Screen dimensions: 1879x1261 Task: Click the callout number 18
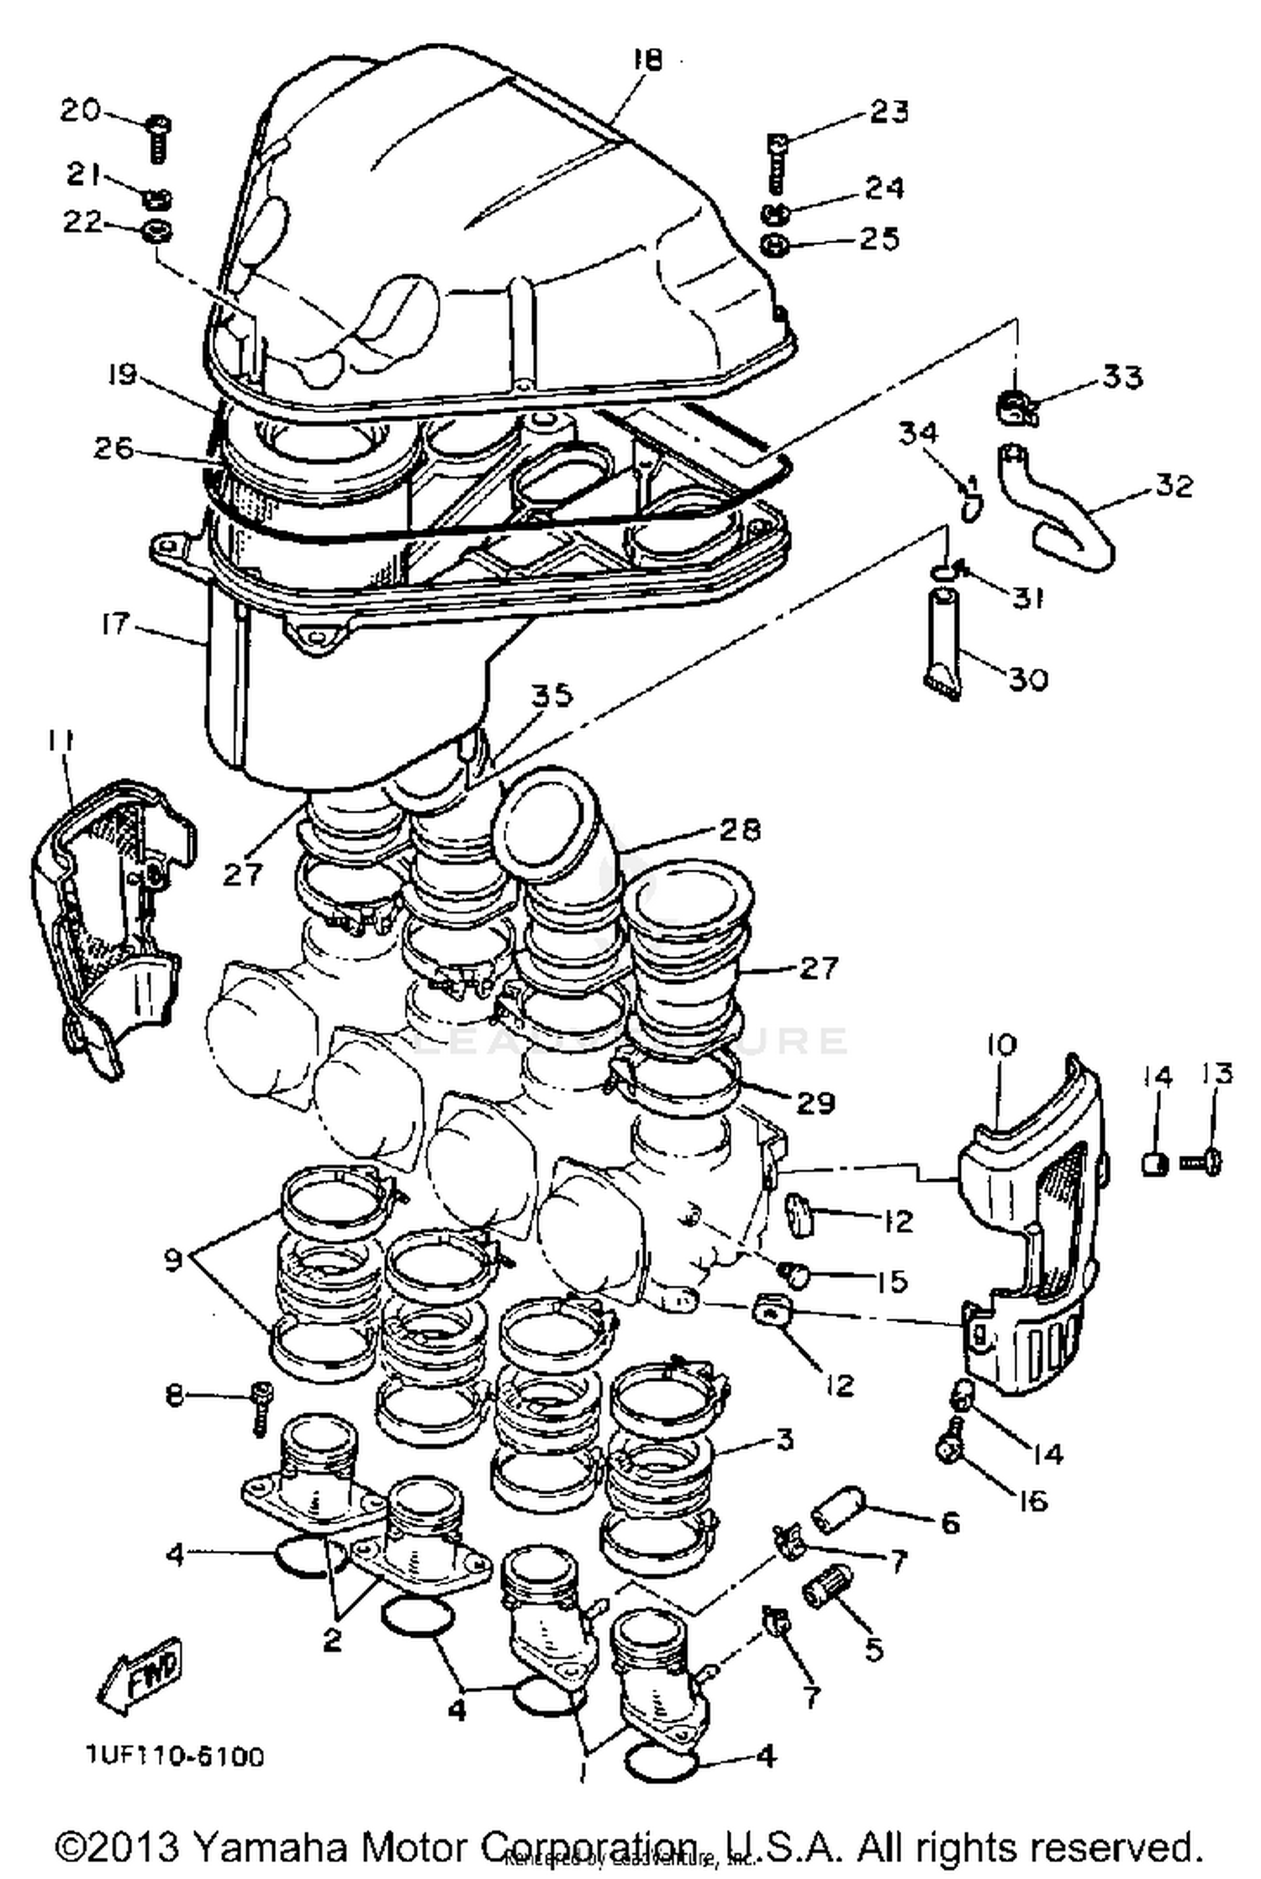[648, 60]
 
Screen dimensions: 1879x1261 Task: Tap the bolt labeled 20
[158, 138]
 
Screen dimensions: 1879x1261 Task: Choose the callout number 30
[1027, 678]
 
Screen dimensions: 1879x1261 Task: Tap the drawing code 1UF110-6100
[174, 1756]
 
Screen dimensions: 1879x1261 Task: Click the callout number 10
[1000, 1045]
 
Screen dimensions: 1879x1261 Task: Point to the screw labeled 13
[1204, 1162]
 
